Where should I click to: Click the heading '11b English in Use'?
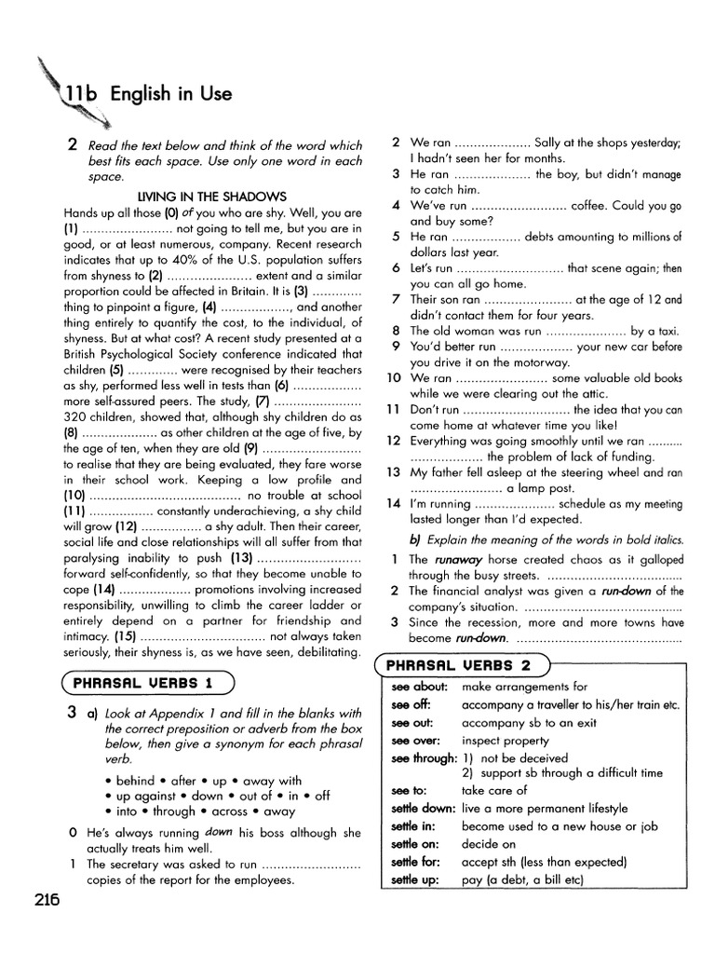click(x=149, y=94)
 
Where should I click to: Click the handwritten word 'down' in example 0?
click(x=218, y=832)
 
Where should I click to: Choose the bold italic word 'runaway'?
click(x=453, y=560)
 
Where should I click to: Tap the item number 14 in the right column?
click(x=393, y=503)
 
